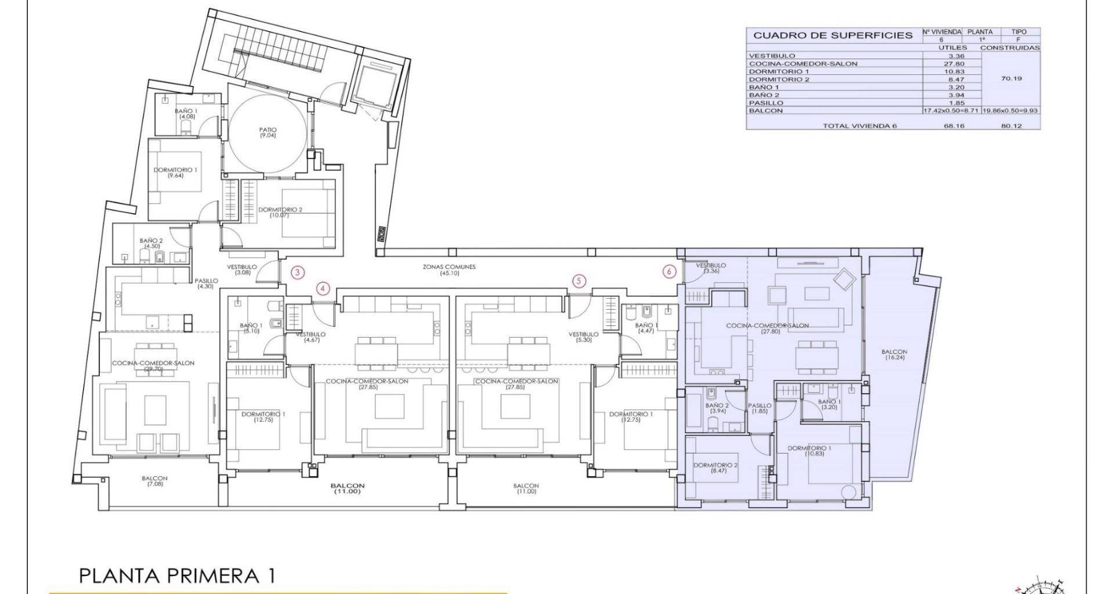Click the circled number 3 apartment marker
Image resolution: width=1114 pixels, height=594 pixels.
(298, 271)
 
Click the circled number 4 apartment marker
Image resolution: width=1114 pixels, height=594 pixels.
(323, 288)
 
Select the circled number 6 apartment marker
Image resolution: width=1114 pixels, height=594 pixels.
(670, 271)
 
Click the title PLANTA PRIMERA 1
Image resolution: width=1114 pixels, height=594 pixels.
(176, 576)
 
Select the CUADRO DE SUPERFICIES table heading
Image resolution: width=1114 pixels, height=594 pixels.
(833, 35)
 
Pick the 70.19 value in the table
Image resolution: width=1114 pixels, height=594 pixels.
(1011, 79)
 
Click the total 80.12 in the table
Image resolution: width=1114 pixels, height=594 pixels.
(1011, 125)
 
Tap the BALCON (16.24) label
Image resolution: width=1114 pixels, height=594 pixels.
(894, 355)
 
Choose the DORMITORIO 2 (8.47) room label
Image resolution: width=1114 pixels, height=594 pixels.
(715, 469)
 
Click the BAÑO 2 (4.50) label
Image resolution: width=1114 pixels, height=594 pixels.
(151, 243)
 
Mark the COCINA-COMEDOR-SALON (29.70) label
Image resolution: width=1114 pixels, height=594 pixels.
(153, 367)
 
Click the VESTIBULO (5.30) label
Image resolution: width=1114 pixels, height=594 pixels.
(583, 338)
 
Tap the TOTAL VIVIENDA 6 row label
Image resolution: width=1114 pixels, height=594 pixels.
(859, 125)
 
